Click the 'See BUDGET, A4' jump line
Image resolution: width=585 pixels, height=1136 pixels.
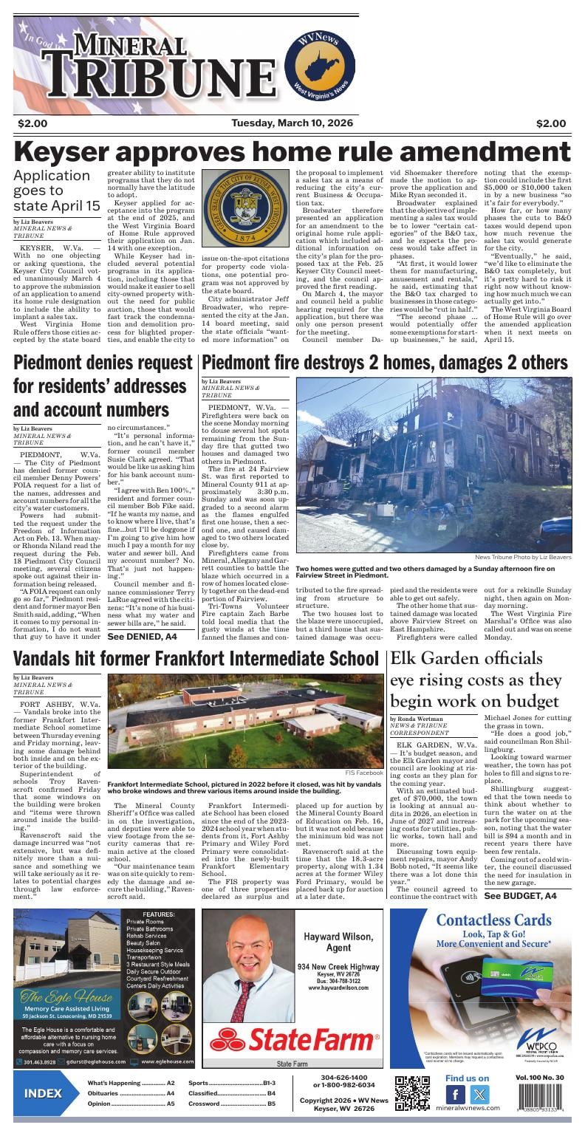tap(517, 896)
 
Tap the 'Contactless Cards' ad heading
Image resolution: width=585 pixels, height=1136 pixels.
tap(493, 920)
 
